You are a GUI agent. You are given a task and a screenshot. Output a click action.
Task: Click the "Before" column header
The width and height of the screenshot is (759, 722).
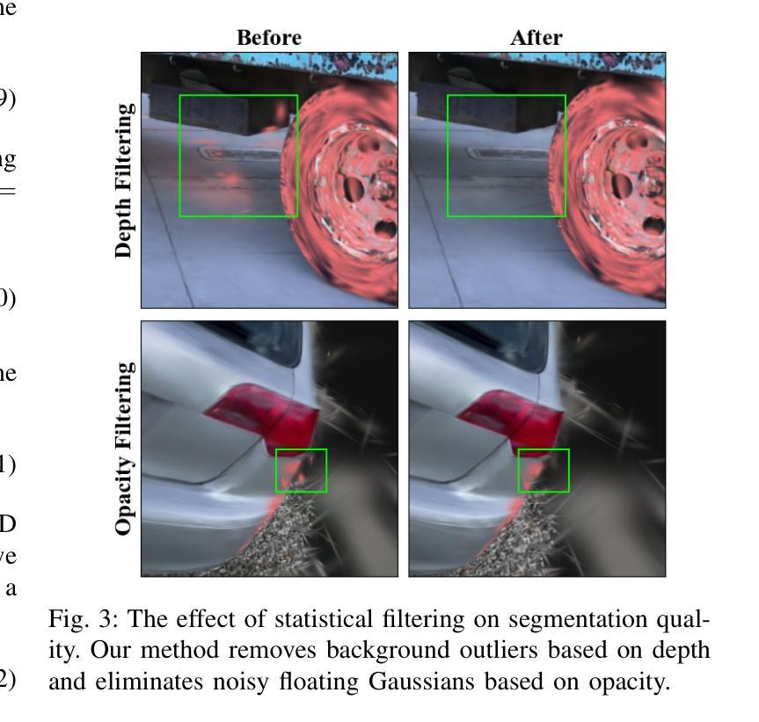coord(269,38)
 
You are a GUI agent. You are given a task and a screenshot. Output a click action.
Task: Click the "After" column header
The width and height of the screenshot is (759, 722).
coord(536,38)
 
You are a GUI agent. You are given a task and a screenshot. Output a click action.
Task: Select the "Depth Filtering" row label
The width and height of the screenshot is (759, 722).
coord(124,179)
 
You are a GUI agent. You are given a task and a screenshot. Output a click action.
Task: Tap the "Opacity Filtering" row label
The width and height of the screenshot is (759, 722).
coord(124,448)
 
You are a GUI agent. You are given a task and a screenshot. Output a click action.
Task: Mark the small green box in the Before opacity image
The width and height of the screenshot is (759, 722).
coord(301,470)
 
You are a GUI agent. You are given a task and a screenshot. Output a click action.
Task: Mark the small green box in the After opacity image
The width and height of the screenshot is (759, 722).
coord(544,470)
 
